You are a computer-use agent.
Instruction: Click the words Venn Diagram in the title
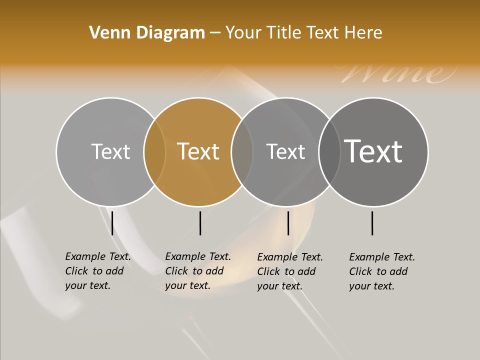click(x=147, y=33)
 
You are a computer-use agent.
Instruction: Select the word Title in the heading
click(x=285, y=33)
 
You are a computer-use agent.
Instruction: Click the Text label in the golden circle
click(x=198, y=151)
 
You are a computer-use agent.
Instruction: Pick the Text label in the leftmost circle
click(x=110, y=151)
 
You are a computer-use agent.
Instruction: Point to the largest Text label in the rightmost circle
click(x=373, y=151)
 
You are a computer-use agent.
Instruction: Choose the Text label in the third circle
click(x=285, y=151)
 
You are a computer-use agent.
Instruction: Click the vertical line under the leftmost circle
click(x=112, y=223)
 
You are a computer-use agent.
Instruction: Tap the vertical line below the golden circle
click(x=200, y=223)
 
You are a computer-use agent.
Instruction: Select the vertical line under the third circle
click(x=288, y=223)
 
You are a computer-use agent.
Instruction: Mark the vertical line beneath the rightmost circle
click(x=372, y=223)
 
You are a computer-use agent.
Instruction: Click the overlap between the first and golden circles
click(x=154, y=152)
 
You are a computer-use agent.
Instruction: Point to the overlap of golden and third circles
click(x=242, y=152)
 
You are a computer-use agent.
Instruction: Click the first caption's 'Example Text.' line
click(x=98, y=256)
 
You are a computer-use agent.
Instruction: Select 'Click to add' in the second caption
click(x=194, y=271)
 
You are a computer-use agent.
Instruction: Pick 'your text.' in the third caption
click(x=279, y=286)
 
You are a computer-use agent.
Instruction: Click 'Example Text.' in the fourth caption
click(x=382, y=257)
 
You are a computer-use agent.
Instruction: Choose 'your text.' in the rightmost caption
click(x=371, y=286)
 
